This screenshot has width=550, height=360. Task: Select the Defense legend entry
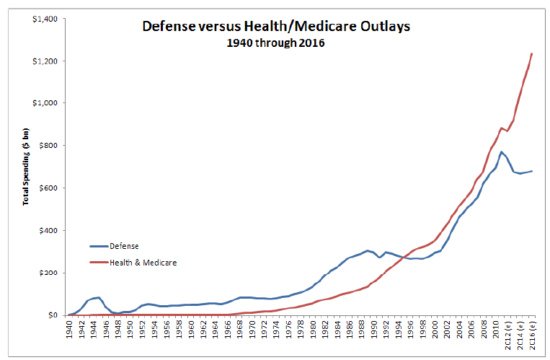[124, 246]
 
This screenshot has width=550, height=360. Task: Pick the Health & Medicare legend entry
[143, 263]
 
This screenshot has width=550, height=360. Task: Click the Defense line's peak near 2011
[501, 152]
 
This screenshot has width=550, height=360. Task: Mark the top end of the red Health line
[531, 53]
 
